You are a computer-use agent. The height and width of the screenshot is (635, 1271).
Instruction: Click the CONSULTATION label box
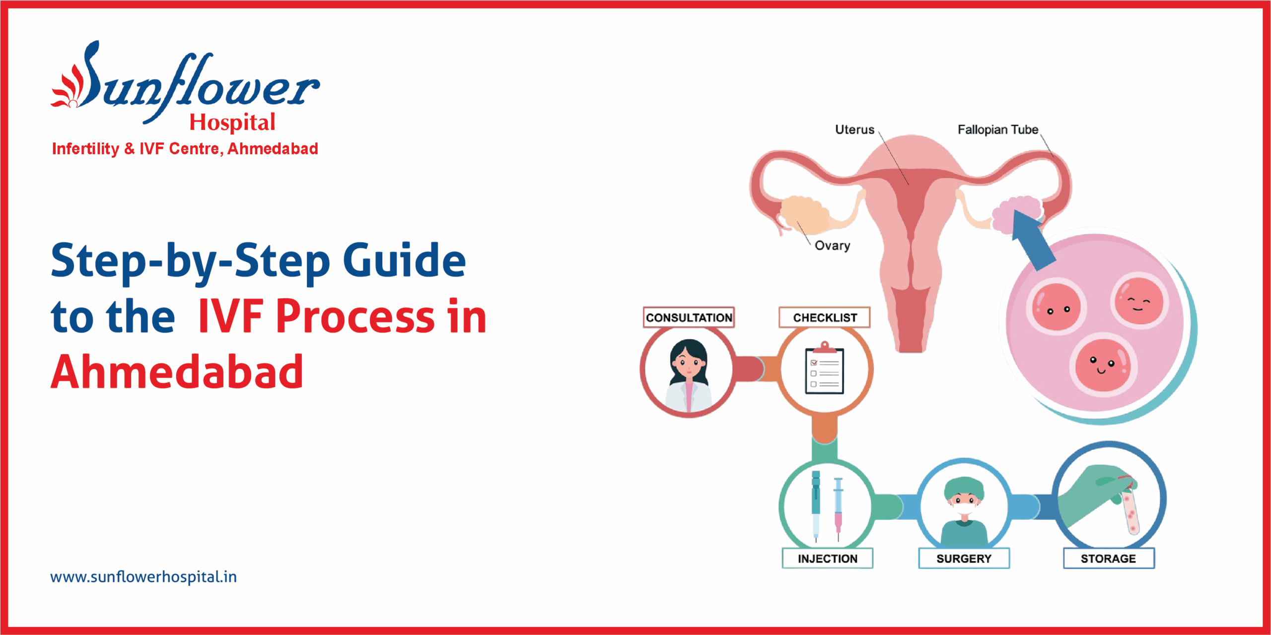pyautogui.click(x=689, y=317)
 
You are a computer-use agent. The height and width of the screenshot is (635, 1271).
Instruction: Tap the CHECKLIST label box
pyautogui.click(x=825, y=317)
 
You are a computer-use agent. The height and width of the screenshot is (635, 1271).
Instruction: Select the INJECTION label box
pyautogui.click(x=827, y=559)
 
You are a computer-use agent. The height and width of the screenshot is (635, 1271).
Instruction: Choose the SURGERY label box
pyautogui.click(x=964, y=559)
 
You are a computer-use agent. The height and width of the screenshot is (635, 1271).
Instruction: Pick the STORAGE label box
pyautogui.click(x=1108, y=559)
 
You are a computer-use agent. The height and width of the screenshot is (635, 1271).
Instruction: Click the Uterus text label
pyautogui.click(x=854, y=129)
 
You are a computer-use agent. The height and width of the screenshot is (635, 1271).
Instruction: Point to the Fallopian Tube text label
pyautogui.click(x=998, y=129)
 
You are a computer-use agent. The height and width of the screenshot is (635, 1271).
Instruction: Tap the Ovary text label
pyautogui.click(x=833, y=246)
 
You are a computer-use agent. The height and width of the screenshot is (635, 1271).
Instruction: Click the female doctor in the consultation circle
pyautogui.click(x=688, y=375)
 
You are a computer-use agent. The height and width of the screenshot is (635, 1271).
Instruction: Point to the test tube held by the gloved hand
pyautogui.click(x=1130, y=511)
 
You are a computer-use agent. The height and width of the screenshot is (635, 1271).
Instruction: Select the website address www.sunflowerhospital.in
pyautogui.click(x=143, y=577)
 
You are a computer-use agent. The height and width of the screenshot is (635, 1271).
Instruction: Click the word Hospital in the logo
pyautogui.click(x=232, y=123)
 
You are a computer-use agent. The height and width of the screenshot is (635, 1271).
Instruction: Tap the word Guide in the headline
pyautogui.click(x=404, y=260)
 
